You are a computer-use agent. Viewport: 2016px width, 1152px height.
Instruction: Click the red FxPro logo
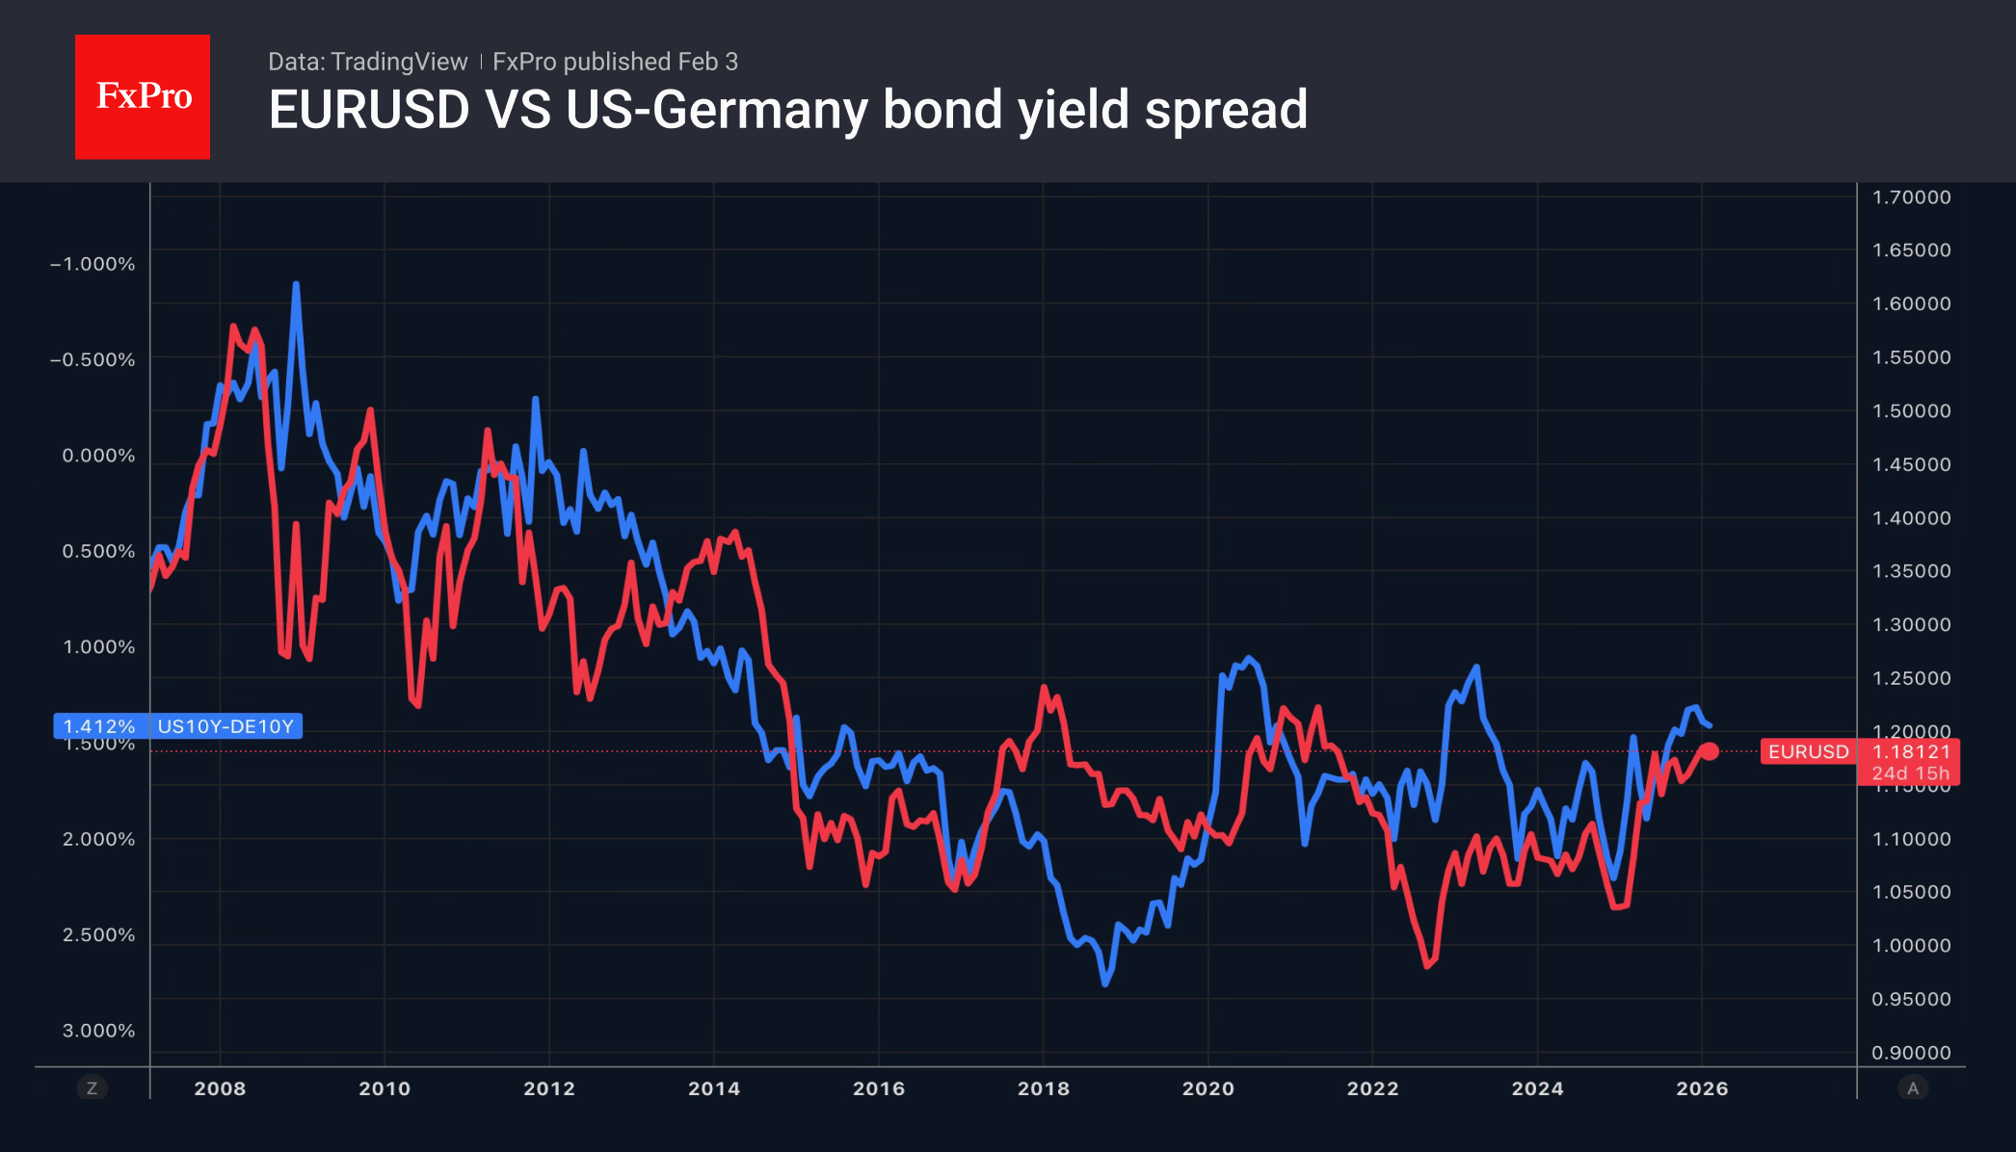point(143,96)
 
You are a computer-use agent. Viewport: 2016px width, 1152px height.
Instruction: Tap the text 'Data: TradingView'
point(367,62)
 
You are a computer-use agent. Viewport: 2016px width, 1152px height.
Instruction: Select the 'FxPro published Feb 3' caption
point(615,62)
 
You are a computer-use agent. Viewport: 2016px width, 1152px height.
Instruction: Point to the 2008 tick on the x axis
point(220,1088)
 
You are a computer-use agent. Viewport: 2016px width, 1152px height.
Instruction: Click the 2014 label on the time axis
point(714,1088)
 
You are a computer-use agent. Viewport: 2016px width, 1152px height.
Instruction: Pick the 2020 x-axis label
point(1207,1088)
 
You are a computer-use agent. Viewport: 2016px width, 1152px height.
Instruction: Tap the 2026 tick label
point(1702,1088)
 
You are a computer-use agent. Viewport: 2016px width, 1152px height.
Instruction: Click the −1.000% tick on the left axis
point(93,264)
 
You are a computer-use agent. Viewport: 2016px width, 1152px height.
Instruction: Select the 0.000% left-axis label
point(98,456)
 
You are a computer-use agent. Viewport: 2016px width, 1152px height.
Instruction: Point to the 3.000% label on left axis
point(98,1031)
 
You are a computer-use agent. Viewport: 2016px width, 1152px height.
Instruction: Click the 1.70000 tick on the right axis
point(1911,197)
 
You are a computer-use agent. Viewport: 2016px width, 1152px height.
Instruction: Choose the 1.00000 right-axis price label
point(1911,946)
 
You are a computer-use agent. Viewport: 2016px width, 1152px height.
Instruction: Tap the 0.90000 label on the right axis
point(1911,1053)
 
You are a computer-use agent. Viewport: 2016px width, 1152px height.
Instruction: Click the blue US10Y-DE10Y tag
point(225,726)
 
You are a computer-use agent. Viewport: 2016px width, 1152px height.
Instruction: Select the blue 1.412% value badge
point(98,726)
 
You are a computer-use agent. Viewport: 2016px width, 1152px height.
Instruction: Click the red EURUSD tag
point(1808,751)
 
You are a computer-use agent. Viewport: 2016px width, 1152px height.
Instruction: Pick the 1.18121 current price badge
point(1911,751)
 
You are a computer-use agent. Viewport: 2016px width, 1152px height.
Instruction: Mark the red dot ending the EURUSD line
point(1710,751)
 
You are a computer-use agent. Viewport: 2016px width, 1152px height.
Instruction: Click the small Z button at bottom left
point(93,1088)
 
